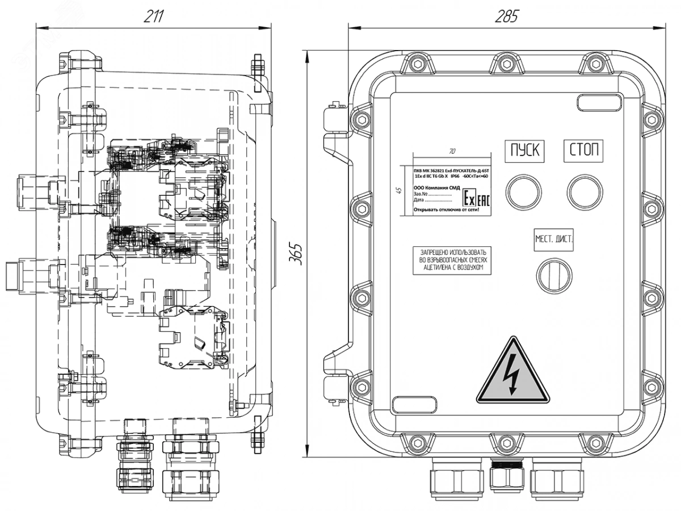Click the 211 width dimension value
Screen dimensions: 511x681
click(153, 16)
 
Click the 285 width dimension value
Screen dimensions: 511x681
click(506, 16)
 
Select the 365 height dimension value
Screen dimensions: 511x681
click(295, 253)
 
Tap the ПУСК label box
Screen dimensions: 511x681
click(524, 151)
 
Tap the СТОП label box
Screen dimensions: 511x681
click(583, 151)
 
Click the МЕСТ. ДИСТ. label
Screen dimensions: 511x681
click(554, 239)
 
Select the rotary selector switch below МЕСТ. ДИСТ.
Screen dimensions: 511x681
click(554, 275)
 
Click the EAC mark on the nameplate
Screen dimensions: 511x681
click(482, 199)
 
